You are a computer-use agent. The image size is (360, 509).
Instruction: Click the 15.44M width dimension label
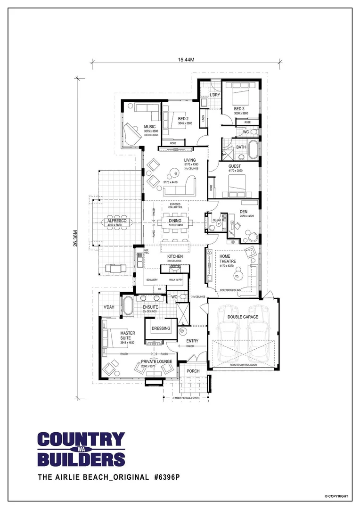(186, 60)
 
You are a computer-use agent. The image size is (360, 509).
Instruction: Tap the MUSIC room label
(150, 126)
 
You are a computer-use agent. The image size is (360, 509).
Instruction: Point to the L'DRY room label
(214, 95)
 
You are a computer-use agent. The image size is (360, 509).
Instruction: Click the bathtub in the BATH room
(254, 148)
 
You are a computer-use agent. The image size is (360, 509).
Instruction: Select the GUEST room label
(235, 166)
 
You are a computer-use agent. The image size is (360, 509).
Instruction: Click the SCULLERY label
(152, 280)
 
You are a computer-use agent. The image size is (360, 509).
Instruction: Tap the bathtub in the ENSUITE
(128, 305)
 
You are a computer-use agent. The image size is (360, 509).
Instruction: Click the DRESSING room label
(161, 328)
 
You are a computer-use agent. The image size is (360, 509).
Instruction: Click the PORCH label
(193, 371)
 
